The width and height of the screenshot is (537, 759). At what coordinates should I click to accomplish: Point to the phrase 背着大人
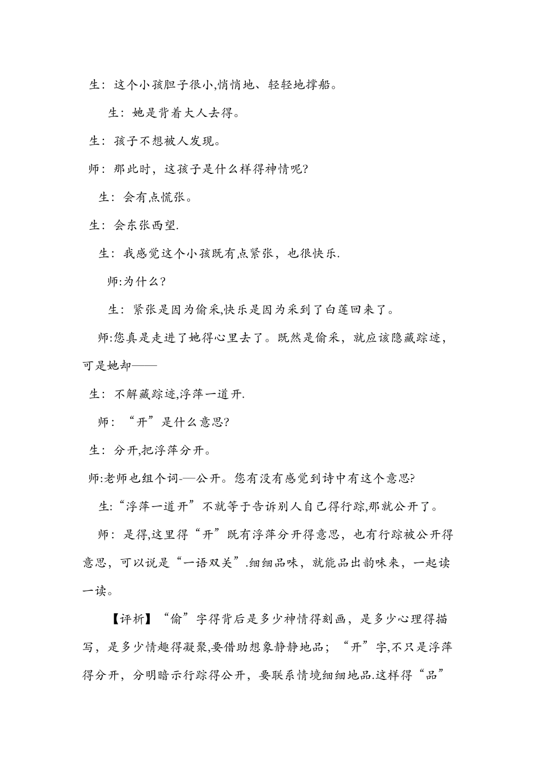pos(182,114)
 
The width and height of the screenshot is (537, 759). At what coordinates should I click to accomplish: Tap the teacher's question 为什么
pos(141,282)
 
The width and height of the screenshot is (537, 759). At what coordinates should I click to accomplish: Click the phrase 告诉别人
pos(269,507)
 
